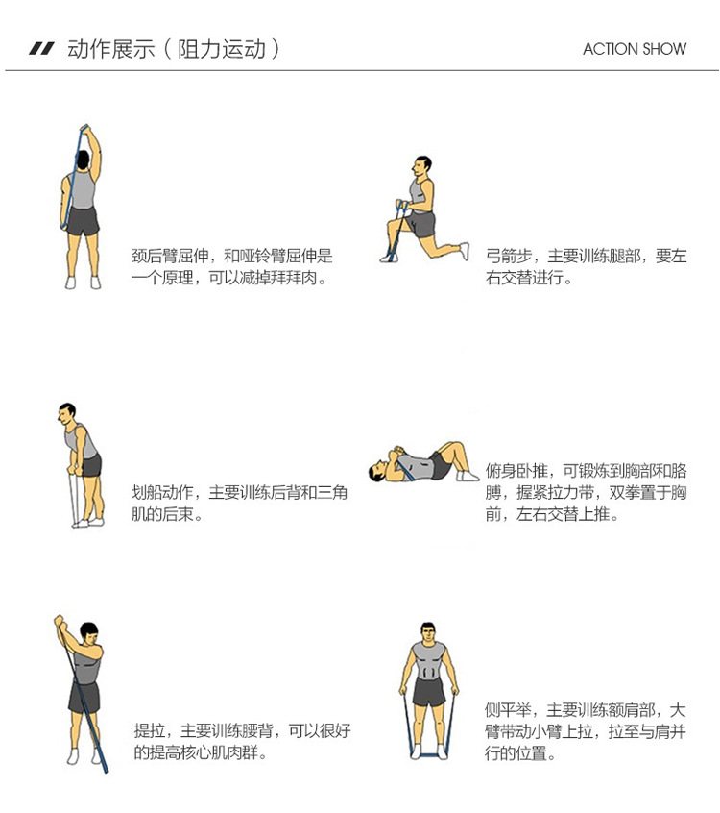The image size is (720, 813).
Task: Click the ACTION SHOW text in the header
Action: pos(635,49)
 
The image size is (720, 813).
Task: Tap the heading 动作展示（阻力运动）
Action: pos(173,49)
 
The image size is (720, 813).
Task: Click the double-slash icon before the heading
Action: pos(41,49)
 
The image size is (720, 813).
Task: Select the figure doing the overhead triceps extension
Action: pos(82,207)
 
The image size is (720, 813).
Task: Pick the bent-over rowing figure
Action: pos(81,464)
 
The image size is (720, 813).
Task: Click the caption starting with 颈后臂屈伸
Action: pos(231,267)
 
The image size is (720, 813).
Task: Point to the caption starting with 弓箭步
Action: pos(586,267)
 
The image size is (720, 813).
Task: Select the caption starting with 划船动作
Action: pos(239,503)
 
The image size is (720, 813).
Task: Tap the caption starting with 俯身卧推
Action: pos(586,492)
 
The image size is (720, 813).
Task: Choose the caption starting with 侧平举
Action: pos(586,731)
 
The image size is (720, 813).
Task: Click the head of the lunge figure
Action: pos(421,165)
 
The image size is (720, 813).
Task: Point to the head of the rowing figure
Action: pos(65,414)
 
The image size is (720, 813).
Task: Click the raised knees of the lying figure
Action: pos(455,449)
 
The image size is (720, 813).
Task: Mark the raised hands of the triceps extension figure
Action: pos(84,131)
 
